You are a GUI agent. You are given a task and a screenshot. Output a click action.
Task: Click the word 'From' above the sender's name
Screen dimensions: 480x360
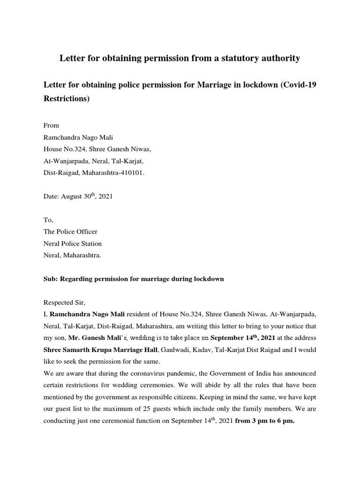[x=51, y=126]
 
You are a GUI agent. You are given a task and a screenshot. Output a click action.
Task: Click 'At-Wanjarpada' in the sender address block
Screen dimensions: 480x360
[x=65, y=160]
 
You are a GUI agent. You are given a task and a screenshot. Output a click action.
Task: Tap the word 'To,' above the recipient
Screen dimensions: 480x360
[x=48, y=220]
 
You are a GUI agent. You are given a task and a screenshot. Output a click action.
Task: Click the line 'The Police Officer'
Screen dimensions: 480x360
[x=70, y=232]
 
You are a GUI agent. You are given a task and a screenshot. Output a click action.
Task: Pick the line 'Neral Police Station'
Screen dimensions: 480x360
[x=72, y=243]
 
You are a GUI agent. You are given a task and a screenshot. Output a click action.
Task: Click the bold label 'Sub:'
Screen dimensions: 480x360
[x=50, y=279]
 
